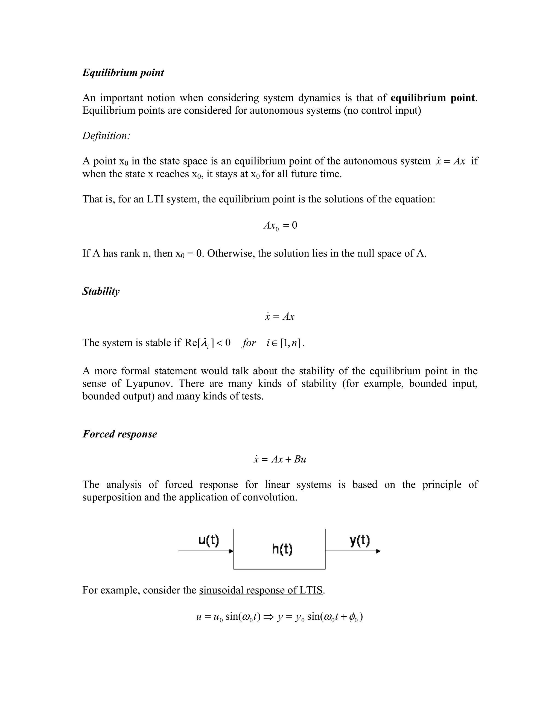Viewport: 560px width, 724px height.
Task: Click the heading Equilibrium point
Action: [x=123, y=73]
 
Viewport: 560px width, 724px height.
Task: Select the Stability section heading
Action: [x=101, y=292]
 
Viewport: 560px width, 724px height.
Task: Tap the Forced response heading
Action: [x=120, y=434]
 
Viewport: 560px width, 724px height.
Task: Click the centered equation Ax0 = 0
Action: [x=280, y=226]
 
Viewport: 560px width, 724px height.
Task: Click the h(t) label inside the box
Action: [x=282, y=549]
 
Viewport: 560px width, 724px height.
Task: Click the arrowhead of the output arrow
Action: [x=378, y=551]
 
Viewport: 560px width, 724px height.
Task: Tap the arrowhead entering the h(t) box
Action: [x=231, y=551]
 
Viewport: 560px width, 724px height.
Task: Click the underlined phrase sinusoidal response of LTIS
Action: [x=261, y=590]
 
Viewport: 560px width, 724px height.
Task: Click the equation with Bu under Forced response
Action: [x=280, y=460]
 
